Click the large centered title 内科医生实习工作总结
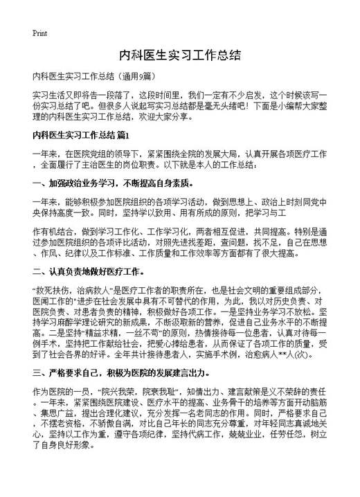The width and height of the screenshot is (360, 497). pos(179,55)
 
